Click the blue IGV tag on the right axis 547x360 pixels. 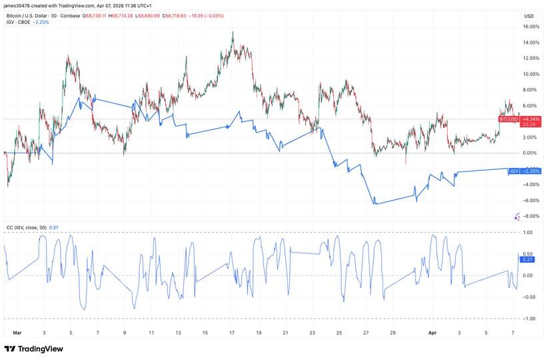tap(514, 171)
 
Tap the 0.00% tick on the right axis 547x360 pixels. tap(530, 153)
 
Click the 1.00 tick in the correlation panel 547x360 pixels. tap(528, 233)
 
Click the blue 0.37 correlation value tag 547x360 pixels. tap(527, 259)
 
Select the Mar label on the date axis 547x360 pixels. tap(17, 332)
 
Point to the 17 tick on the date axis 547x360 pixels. tap(232, 332)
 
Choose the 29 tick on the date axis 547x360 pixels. tap(392, 332)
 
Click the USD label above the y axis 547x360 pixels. tap(528, 16)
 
